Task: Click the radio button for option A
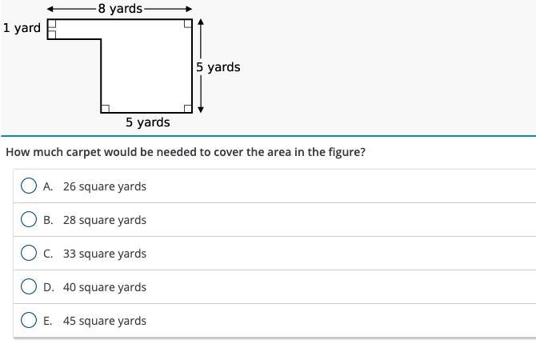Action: [29, 186]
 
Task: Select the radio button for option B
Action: [29, 219]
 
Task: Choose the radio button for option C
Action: [29, 253]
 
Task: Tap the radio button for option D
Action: [29, 286]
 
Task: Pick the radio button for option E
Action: [29, 320]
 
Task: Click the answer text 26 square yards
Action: [104, 186]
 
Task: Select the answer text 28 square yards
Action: [104, 220]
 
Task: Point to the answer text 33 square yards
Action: [104, 254]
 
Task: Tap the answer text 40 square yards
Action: [104, 287]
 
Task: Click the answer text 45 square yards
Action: [104, 321]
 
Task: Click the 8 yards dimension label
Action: [120, 9]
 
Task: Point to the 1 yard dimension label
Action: [22, 28]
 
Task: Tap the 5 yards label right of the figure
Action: [218, 67]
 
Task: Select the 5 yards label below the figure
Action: [147, 122]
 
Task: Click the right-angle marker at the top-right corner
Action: [188, 24]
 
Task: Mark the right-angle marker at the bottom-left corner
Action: [106, 108]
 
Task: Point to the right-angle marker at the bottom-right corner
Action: [188, 108]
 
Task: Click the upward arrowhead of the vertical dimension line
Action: [200, 22]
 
